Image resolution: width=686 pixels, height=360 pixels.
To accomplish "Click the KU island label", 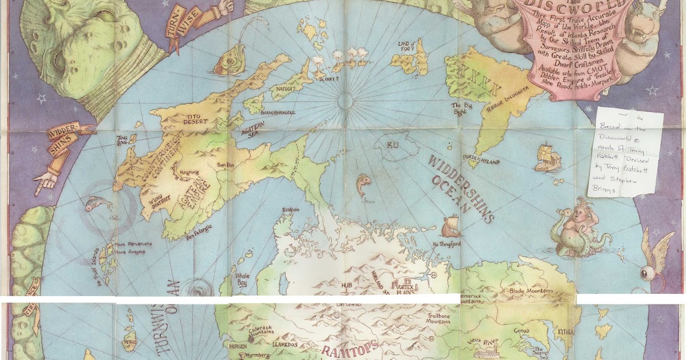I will [392, 145].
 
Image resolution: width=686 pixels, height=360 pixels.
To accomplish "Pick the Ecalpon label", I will [290, 210].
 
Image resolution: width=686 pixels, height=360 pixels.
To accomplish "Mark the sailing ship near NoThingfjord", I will [450, 226].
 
